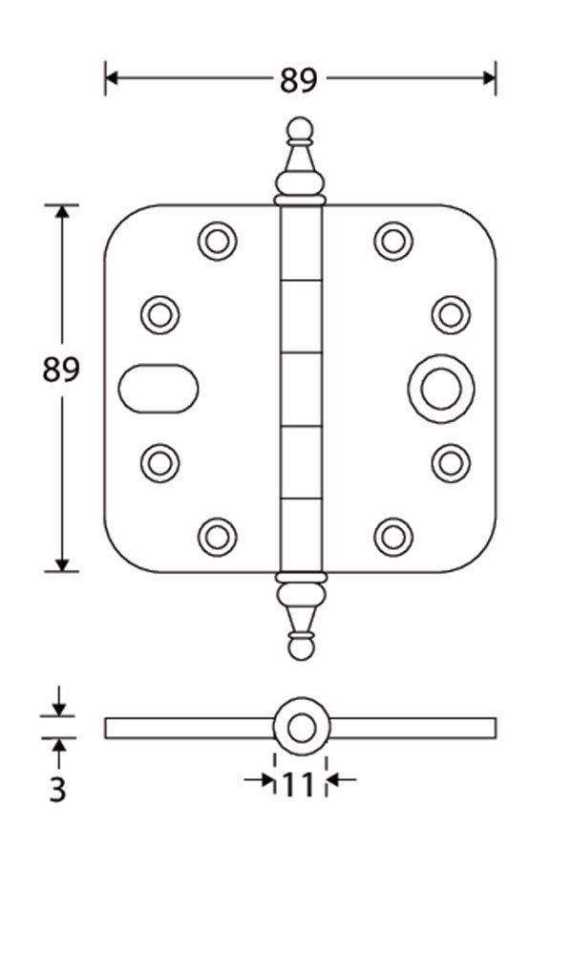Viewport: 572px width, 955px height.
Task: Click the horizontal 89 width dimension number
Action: pyautogui.click(x=298, y=81)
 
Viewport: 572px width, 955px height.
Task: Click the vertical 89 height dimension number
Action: pyautogui.click(x=61, y=370)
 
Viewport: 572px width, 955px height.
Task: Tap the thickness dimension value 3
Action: pyautogui.click(x=58, y=791)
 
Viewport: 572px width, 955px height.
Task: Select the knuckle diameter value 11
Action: pyautogui.click(x=298, y=785)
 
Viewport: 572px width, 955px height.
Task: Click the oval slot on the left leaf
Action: pyautogui.click(x=159, y=390)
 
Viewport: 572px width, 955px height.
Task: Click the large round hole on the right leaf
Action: pyautogui.click(x=440, y=390)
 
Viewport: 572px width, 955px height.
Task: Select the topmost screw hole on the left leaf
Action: pyautogui.click(x=217, y=241)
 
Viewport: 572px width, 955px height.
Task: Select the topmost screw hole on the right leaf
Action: pyautogui.click(x=392, y=241)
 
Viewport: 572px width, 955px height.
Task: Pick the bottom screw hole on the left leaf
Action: pyautogui.click(x=217, y=537)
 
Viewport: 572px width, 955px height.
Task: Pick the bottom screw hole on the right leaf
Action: pyautogui.click(x=392, y=537)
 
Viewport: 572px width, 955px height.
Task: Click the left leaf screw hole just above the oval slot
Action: pyautogui.click(x=159, y=314)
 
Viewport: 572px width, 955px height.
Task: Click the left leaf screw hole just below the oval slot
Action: pyautogui.click(x=159, y=463)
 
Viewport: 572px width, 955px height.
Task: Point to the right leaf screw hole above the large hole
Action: pyautogui.click(x=450, y=314)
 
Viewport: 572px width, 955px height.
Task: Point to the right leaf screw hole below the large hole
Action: pyautogui.click(x=450, y=463)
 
